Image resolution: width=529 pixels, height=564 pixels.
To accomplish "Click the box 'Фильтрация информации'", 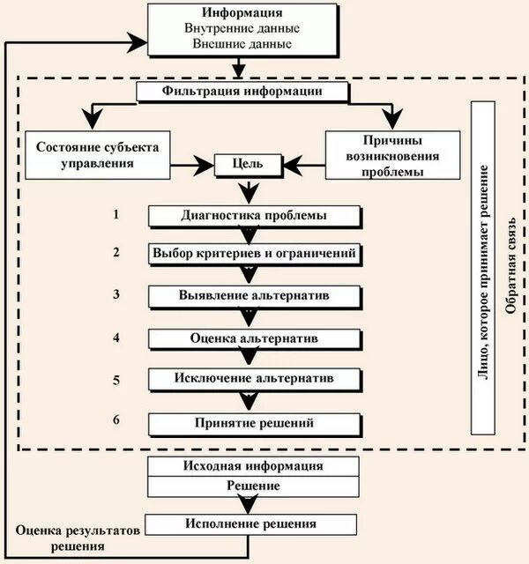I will pos(240,92).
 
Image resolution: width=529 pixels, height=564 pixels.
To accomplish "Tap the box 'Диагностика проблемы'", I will pos(254,216).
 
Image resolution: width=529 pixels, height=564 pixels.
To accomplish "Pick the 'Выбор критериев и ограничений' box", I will pos(254,254).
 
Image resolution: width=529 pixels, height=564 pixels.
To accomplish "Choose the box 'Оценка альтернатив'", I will pos(254,338).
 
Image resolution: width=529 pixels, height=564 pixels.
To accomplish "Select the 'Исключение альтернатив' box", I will pos(254,379).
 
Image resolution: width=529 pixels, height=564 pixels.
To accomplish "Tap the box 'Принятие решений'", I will pos(254,424).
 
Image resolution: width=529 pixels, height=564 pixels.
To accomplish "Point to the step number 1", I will pos(115,214).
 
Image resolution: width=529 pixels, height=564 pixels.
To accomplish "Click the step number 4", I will pos(115,338).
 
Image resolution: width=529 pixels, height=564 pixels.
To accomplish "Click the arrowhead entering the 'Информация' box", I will pos(138,41).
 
